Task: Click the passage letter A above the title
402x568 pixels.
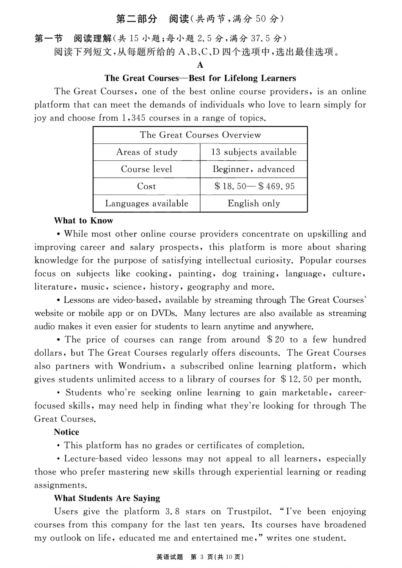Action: pyautogui.click(x=200, y=65)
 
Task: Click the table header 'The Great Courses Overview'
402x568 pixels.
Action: pyautogui.click(x=200, y=135)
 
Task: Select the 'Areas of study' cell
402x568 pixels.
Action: pyautogui.click(x=146, y=152)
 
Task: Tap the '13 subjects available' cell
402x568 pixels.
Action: pyautogui.click(x=253, y=152)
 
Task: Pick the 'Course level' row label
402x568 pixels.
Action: pyautogui.click(x=146, y=169)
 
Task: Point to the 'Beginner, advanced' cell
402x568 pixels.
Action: pyautogui.click(x=253, y=169)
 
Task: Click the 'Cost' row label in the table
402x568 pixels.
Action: pyautogui.click(x=146, y=186)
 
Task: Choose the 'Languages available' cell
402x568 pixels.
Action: pyautogui.click(x=146, y=203)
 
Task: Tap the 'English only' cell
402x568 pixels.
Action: pyautogui.click(x=253, y=203)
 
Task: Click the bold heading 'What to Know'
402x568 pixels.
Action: pyautogui.click(x=83, y=221)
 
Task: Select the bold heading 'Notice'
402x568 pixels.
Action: pyautogui.click(x=66, y=432)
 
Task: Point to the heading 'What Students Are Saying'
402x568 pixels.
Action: pyautogui.click(x=107, y=498)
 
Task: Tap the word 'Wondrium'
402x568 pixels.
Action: pyautogui.click(x=140, y=366)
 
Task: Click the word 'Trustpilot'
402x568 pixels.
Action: pyautogui.click(x=249, y=511)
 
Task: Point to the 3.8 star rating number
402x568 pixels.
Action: pyautogui.click(x=171, y=511)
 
